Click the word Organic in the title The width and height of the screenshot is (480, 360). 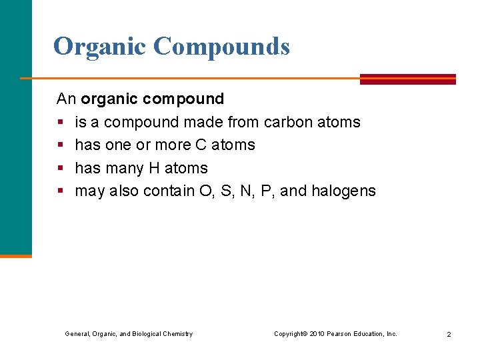(x=99, y=47)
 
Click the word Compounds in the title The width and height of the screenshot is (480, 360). (x=221, y=47)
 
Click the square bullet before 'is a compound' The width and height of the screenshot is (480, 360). (x=60, y=123)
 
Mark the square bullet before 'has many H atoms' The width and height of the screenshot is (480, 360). (x=60, y=169)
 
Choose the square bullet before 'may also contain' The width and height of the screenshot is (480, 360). (x=60, y=192)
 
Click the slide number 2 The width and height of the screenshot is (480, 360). (x=449, y=334)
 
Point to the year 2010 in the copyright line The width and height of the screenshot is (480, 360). (x=317, y=333)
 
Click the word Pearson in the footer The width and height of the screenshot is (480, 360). (x=342, y=333)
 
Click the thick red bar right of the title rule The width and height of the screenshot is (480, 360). (x=407, y=79)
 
